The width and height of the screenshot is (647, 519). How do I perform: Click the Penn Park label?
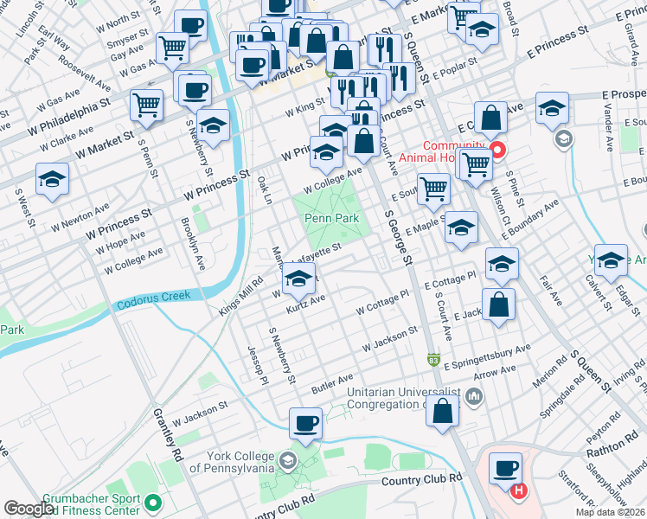pos(331,219)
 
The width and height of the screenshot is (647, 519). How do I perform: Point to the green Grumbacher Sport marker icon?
pos(153,502)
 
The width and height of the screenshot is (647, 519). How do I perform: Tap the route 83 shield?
pos(432,358)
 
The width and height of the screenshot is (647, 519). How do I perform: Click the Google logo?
pos(29,509)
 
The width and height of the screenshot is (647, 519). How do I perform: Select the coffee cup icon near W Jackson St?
pos(305,423)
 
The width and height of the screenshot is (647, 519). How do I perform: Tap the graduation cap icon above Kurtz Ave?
pos(298,279)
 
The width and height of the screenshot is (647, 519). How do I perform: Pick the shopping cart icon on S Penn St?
pos(146,105)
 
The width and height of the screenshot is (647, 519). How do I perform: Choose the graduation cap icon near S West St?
pos(52,180)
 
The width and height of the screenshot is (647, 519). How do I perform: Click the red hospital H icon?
pos(518,491)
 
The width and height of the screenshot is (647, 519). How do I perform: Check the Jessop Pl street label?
pos(257,365)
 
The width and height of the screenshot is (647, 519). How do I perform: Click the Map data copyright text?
pos(610,512)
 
